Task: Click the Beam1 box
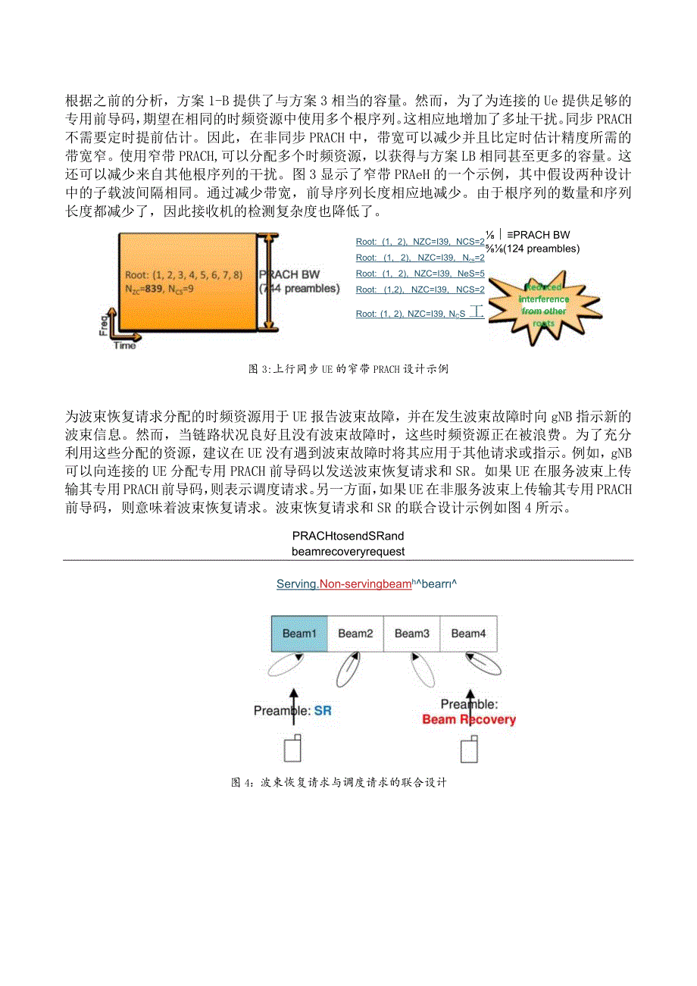point(299,634)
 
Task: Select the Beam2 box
point(355,634)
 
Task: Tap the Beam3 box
point(412,634)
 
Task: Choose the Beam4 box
point(468,634)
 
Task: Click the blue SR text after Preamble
point(323,711)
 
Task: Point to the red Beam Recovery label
point(469,719)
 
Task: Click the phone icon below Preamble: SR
point(292,748)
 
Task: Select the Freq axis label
point(103,324)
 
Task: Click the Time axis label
point(125,346)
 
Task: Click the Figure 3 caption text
point(348,370)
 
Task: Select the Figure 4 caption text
point(339,783)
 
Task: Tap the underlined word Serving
point(297,584)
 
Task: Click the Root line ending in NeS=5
point(420,274)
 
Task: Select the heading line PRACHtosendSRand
point(348,537)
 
